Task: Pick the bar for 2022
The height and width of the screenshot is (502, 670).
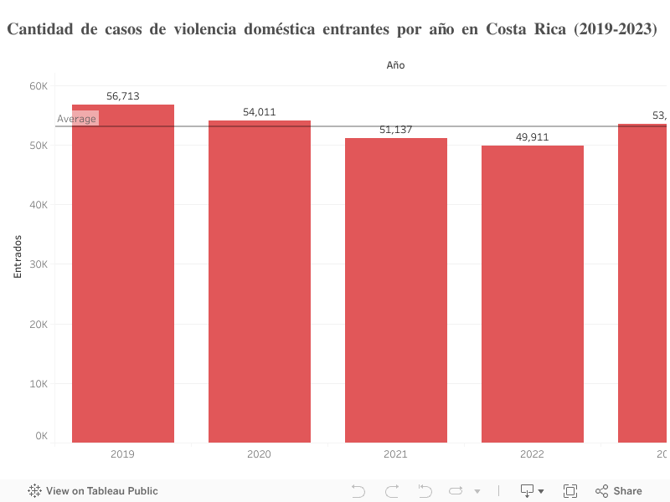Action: pos(533,294)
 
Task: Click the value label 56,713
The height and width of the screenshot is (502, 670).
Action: pos(123,96)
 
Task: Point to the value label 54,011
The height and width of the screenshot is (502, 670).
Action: pos(260,112)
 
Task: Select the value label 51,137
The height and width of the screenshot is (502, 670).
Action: pos(396,130)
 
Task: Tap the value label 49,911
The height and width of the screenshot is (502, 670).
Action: pos(533,137)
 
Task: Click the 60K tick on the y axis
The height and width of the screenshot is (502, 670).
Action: pos(39,86)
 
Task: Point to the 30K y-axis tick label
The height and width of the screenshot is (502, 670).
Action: pos(39,264)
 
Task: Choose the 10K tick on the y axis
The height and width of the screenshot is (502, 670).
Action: pos(39,384)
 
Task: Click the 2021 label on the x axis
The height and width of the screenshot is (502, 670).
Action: pos(396,454)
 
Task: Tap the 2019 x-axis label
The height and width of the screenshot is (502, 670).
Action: pos(123,454)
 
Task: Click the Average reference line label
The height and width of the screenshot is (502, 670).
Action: pos(77,119)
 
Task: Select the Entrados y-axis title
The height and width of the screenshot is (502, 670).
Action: pos(18,256)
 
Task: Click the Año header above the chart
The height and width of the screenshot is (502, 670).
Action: pos(396,64)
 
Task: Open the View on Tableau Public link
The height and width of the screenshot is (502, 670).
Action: pos(94,491)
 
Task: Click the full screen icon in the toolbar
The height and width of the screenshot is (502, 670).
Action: pos(570,491)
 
